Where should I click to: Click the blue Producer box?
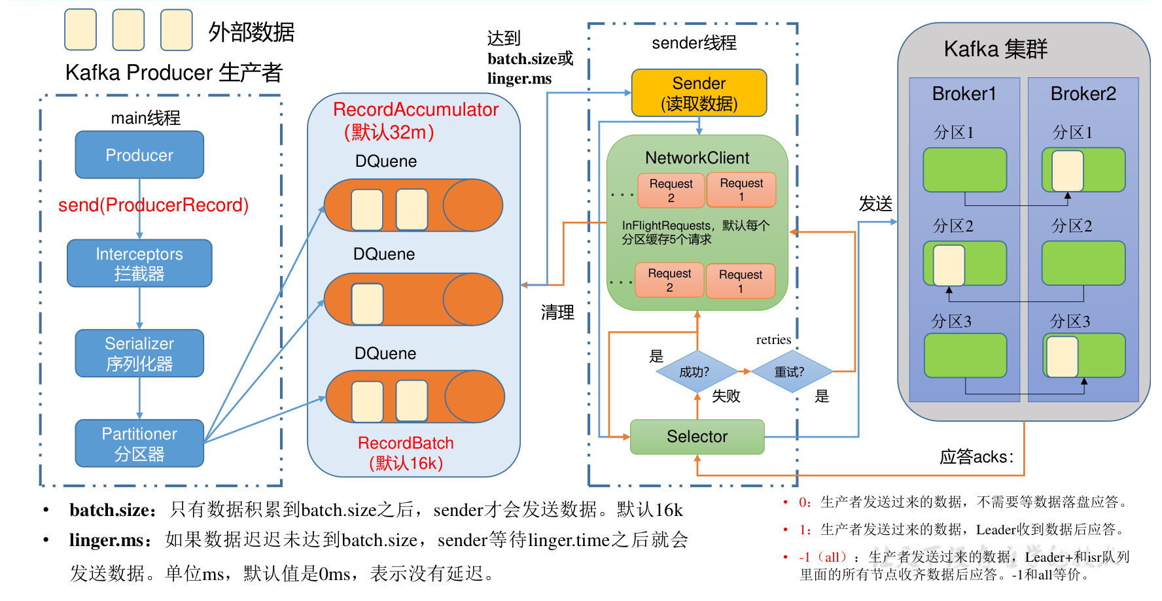[139, 155]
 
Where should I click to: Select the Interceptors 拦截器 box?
[139, 263]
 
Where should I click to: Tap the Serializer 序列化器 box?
[139, 353]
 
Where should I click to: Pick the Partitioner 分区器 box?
[139, 443]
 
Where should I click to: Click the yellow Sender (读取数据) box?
[699, 93]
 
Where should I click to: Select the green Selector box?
[697, 437]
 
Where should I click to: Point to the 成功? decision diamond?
[695, 372]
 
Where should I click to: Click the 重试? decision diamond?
[790, 372]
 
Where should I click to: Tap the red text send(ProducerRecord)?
[153, 205]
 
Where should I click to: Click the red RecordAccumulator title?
[415, 110]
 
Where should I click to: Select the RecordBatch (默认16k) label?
[406, 453]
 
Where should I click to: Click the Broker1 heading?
[964, 94]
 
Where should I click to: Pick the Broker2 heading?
[1083, 94]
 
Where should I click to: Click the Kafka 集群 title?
[995, 50]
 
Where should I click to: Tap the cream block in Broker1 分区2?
[949, 265]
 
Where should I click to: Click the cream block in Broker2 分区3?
[1062, 356]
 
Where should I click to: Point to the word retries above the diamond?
[773, 339]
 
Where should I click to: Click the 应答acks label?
[976, 456]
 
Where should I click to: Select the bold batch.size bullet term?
[113, 510]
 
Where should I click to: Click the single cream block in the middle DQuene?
[367, 304]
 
